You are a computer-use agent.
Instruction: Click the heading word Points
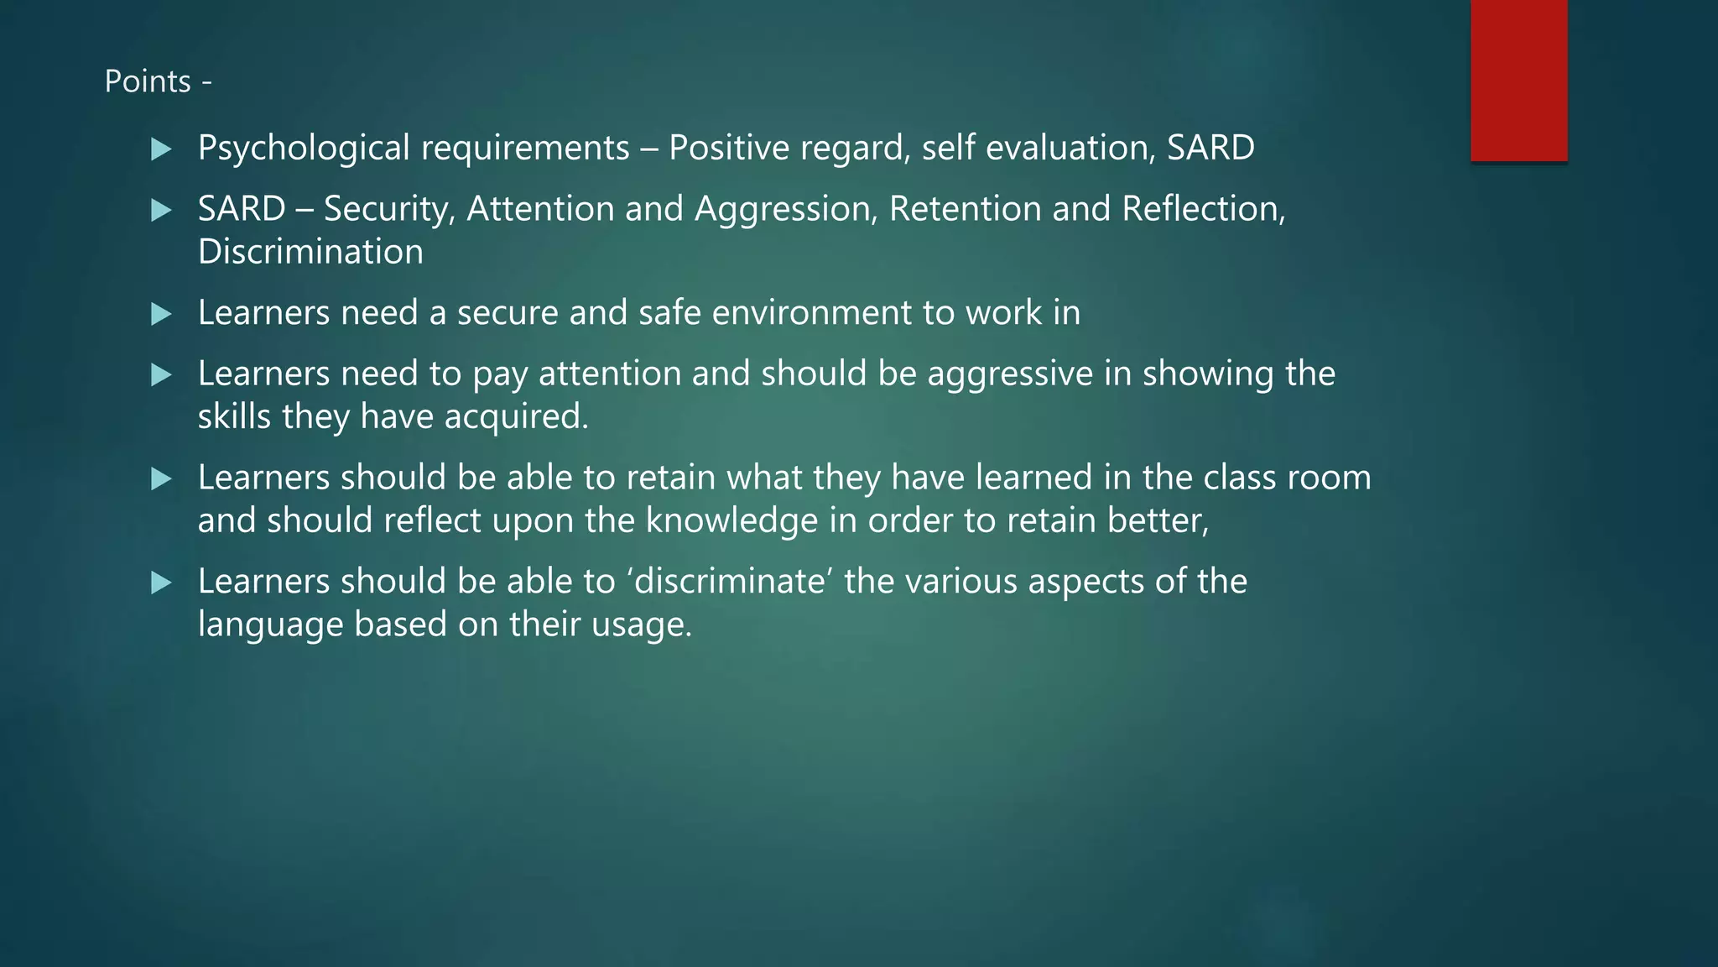point(148,81)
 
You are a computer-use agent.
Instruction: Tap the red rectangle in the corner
point(1518,80)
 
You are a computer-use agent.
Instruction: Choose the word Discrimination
point(310,252)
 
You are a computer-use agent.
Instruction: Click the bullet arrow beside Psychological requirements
point(161,149)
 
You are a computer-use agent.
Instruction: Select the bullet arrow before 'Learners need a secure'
point(161,314)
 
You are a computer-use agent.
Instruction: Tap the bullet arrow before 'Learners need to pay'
point(161,374)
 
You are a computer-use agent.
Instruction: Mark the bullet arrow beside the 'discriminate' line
point(161,583)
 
